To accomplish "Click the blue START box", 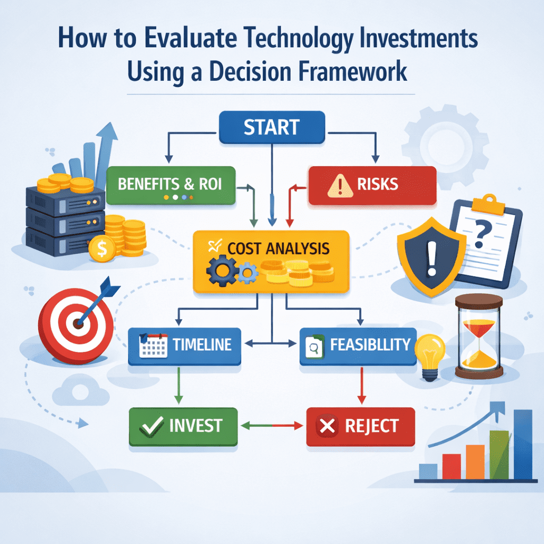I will click(x=271, y=128).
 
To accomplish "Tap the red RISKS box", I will click(x=372, y=185).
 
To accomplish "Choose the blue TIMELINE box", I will click(x=184, y=346).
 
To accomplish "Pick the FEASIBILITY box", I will click(x=358, y=346).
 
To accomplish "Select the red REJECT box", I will click(x=360, y=426).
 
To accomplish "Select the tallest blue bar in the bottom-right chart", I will click(x=523, y=444).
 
